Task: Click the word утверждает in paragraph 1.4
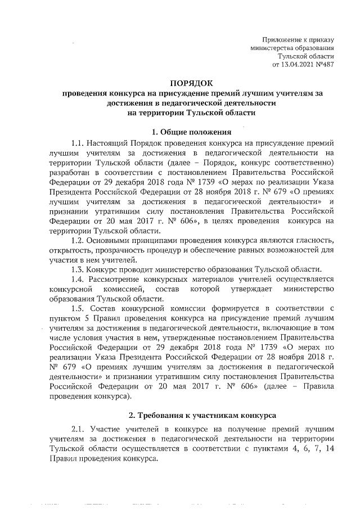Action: (244, 289)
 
